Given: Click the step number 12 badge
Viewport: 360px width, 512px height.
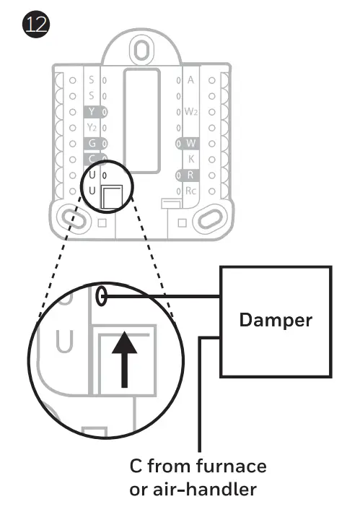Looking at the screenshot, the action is click(36, 25).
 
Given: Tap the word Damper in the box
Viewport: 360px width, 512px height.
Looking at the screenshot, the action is click(276, 321).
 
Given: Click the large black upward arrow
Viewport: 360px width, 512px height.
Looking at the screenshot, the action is click(124, 359).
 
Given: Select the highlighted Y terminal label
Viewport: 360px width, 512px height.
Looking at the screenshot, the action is click(92, 112).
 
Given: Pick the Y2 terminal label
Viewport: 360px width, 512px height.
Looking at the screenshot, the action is click(92, 127).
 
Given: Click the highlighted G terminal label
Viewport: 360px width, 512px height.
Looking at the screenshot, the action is click(92, 144).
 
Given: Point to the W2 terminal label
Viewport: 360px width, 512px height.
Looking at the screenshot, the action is click(191, 112).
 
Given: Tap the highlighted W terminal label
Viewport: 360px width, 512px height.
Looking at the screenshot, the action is click(190, 143).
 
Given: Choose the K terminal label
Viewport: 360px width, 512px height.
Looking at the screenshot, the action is click(191, 159).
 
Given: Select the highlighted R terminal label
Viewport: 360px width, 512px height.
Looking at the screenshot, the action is click(190, 175).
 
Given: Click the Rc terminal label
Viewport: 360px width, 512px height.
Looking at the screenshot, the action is click(190, 191).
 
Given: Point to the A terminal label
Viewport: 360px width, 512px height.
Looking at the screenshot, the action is click(190, 80).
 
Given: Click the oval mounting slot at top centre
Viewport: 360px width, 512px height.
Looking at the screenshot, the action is click(141, 50).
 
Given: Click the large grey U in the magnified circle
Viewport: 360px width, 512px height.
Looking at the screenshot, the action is click(64, 342).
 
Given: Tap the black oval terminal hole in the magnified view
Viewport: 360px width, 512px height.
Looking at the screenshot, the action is click(102, 296).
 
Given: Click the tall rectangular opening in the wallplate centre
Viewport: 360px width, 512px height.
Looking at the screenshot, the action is click(141, 121).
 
